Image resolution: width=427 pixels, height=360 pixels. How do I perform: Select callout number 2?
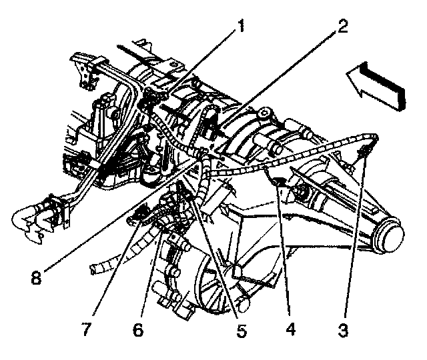[342, 27]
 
